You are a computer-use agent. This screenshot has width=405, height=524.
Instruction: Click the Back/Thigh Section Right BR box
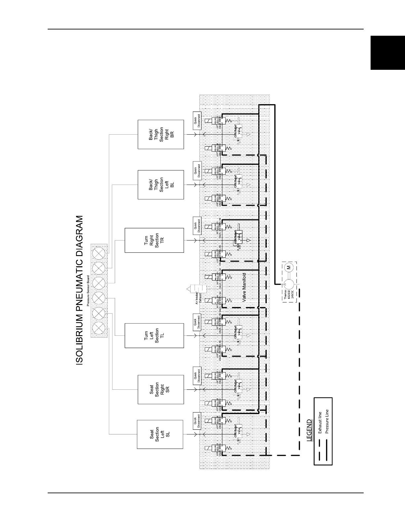click(160, 134)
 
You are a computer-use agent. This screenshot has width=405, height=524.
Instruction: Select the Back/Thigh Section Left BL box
click(160, 185)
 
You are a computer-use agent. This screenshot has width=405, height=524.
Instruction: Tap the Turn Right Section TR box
click(154, 240)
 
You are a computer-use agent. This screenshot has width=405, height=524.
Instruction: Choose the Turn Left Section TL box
click(154, 335)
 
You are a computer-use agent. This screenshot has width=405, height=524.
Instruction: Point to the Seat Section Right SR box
click(160, 389)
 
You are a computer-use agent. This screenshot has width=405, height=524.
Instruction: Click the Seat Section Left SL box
click(160, 434)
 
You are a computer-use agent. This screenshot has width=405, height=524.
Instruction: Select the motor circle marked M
click(288, 267)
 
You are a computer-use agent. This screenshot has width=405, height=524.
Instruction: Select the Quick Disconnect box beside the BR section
click(197, 120)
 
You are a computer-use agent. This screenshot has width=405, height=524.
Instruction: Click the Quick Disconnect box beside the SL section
click(197, 421)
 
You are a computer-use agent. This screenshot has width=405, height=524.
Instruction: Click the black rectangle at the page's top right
click(387, 53)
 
